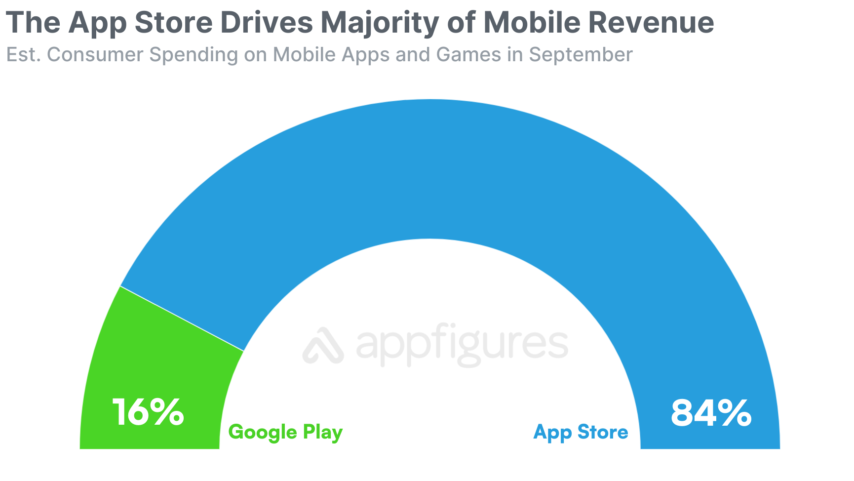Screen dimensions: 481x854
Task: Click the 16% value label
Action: [148, 412]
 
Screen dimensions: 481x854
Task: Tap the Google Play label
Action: [285, 433]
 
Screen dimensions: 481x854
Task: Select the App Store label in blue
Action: [581, 433]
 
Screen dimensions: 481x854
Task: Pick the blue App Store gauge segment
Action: [429, 168]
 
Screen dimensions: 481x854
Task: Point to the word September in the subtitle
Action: [581, 55]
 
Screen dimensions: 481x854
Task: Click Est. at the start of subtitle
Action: [23, 55]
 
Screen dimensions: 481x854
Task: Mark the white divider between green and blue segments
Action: [182, 319]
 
